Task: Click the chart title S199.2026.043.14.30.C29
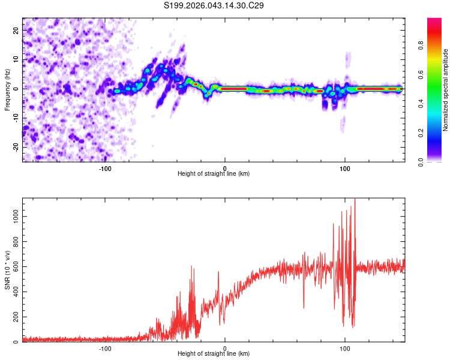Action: pyautogui.click(x=214, y=5)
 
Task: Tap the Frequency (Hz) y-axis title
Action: pyautogui.click(x=7, y=89)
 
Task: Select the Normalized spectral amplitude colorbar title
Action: pyautogui.click(x=446, y=90)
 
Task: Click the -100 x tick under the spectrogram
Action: pyautogui.click(x=105, y=168)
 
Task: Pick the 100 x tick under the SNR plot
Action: pyautogui.click(x=345, y=349)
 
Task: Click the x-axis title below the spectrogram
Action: pyautogui.click(x=214, y=174)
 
